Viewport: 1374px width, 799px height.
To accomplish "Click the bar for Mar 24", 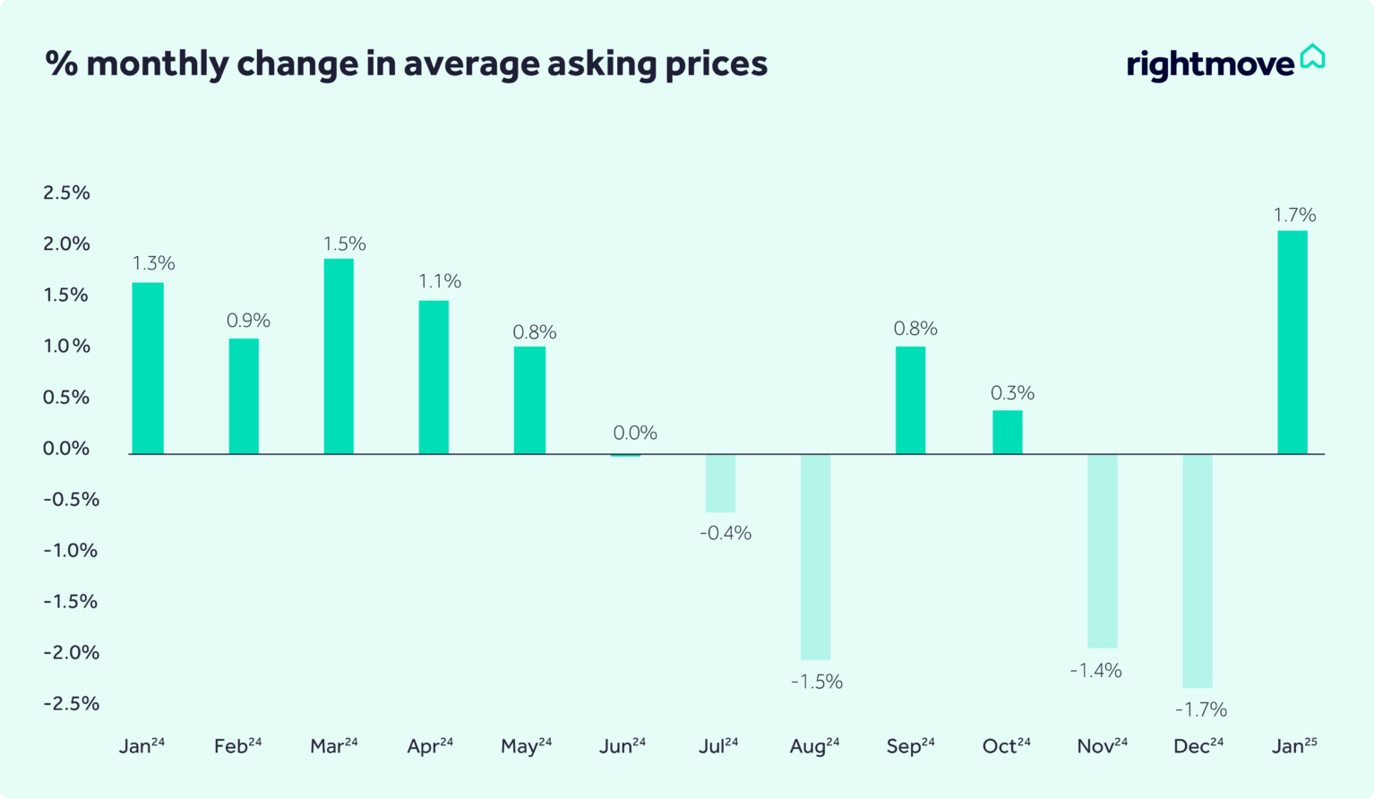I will pyautogui.click(x=339, y=357).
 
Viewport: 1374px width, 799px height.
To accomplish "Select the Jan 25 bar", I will pyautogui.click(x=1292, y=342).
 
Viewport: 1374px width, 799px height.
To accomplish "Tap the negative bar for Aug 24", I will pyautogui.click(x=815, y=556).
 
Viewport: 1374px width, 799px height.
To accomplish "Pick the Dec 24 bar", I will pyautogui.click(x=1198, y=571).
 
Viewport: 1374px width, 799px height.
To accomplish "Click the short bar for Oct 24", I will pyautogui.click(x=1007, y=432).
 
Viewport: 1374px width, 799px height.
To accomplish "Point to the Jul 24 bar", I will pyautogui.click(x=720, y=483).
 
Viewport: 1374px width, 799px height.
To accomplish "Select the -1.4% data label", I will pyautogui.click(x=1095, y=670).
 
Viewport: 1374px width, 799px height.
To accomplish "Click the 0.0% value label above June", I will pyautogui.click(x=635, y=433).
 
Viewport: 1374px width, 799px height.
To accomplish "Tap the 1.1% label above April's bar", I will pyautogui.click(x=440, y=281).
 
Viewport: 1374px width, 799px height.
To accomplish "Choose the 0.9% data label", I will pyautogui.click(x=248, y=321).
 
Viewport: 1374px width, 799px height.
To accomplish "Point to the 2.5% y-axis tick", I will pyautogui.click(x=67, y=193).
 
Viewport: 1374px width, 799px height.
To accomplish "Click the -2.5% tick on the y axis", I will pyautogui.click(x=72, y=703).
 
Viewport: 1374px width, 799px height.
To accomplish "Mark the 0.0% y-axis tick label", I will pyautogui.click(x=67, y=448).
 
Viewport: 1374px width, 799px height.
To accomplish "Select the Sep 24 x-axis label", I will pyautogui.click(x=910, y=746).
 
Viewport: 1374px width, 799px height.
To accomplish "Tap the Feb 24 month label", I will pyautogui.click(x=237, y=746).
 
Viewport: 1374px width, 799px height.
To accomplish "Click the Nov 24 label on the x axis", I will pyautogui.click(x=1102, y=746).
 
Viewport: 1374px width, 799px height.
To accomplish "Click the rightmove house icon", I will pyautogui.click(x=1312, y=56).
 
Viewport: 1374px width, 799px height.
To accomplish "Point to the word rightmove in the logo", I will pyautogui.click(x=1210, y=64).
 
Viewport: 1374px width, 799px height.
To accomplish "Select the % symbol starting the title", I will pyautogui.click(x=61, y=64).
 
